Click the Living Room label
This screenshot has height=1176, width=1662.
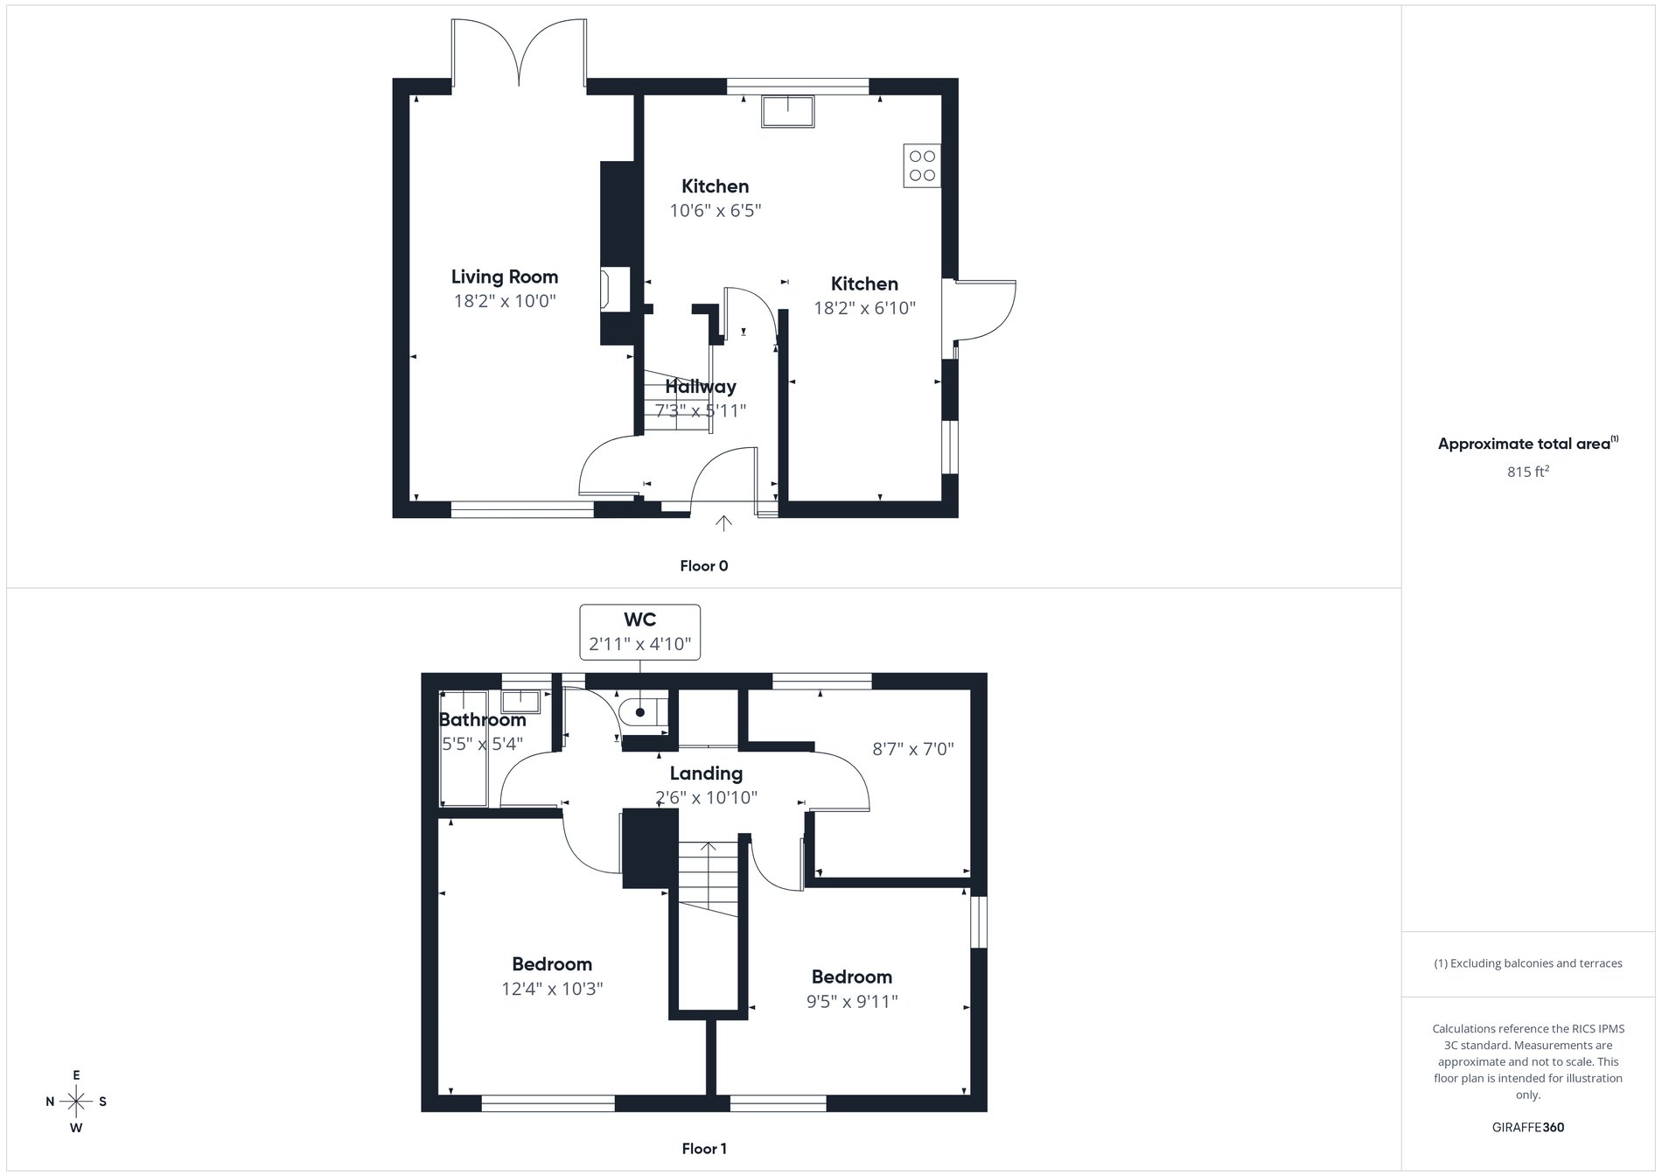pos(505,277)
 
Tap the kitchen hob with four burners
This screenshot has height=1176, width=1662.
pos(922,166)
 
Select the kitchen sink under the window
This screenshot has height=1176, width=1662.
pos(787,111)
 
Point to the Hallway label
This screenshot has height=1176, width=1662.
pos(701,387)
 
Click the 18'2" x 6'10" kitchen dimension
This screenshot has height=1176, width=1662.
pos(864,308)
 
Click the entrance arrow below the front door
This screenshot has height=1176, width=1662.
pos(723,523)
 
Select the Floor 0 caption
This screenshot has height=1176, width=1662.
pos(704,566)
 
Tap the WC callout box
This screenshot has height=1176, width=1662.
pos(640,632)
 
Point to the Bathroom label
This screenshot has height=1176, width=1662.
pos(482,720)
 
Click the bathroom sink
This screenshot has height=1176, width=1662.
pos(522,702)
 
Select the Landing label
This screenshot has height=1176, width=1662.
pos(706,773)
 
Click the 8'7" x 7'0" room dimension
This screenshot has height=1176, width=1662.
pos(913,749)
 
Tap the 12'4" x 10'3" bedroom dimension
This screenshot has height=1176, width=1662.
pos(552,990)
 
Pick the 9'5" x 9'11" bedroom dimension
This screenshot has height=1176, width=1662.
pos(852,1002)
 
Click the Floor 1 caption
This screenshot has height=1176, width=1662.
pos(704,1149)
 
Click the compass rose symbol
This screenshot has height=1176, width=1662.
pos(77,1102)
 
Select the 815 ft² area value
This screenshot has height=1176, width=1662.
pos(1528,472)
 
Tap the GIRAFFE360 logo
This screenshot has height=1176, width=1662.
pos(1528,1127)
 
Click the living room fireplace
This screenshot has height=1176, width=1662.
pos(605,288)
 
